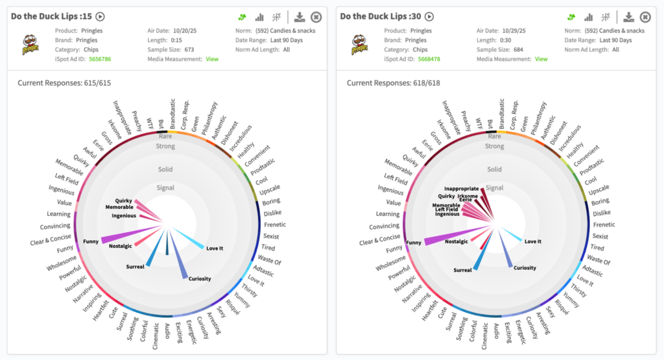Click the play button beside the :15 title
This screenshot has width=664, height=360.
[x=100, y=17]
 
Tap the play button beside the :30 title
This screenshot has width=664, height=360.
[x=429, y=17]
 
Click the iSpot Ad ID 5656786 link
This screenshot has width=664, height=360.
[x=99, y=59]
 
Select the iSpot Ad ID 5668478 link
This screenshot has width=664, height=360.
[x=429, y=59]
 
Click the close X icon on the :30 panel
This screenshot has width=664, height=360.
[x=645, y=17]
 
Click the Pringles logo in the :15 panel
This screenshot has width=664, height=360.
[x=30, y=44]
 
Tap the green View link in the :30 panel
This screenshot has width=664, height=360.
[x=541, y=59]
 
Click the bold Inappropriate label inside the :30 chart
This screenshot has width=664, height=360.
[x=461, y=189]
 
